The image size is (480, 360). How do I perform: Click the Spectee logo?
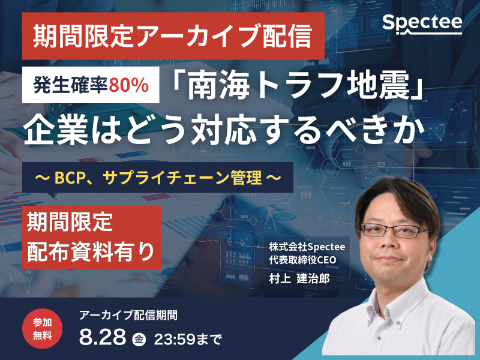tap(422, 24)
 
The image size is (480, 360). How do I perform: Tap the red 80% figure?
tap(129, 85)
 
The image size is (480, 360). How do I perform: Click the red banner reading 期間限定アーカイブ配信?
tap(173, 36)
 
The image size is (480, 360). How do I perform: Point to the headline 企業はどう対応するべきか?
tap(224, 129)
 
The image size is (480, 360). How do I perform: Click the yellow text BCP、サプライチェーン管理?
tap(158, 178)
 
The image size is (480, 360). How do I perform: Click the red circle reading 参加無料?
tap(42, 329)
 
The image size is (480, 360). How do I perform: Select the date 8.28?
tap(103, 337)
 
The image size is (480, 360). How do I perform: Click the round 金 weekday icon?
tap(139, 339)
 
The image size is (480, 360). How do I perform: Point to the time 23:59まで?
tap(187, 339)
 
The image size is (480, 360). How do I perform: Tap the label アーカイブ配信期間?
tap(128, 315)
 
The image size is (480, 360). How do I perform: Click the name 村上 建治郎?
tap(299, 278)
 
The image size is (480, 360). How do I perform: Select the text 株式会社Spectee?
tap(307, 247)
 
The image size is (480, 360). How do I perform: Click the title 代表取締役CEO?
tap(302, 260)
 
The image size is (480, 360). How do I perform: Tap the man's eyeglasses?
tap(395, 231)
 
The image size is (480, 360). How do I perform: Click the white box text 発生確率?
tap(70, 85)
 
